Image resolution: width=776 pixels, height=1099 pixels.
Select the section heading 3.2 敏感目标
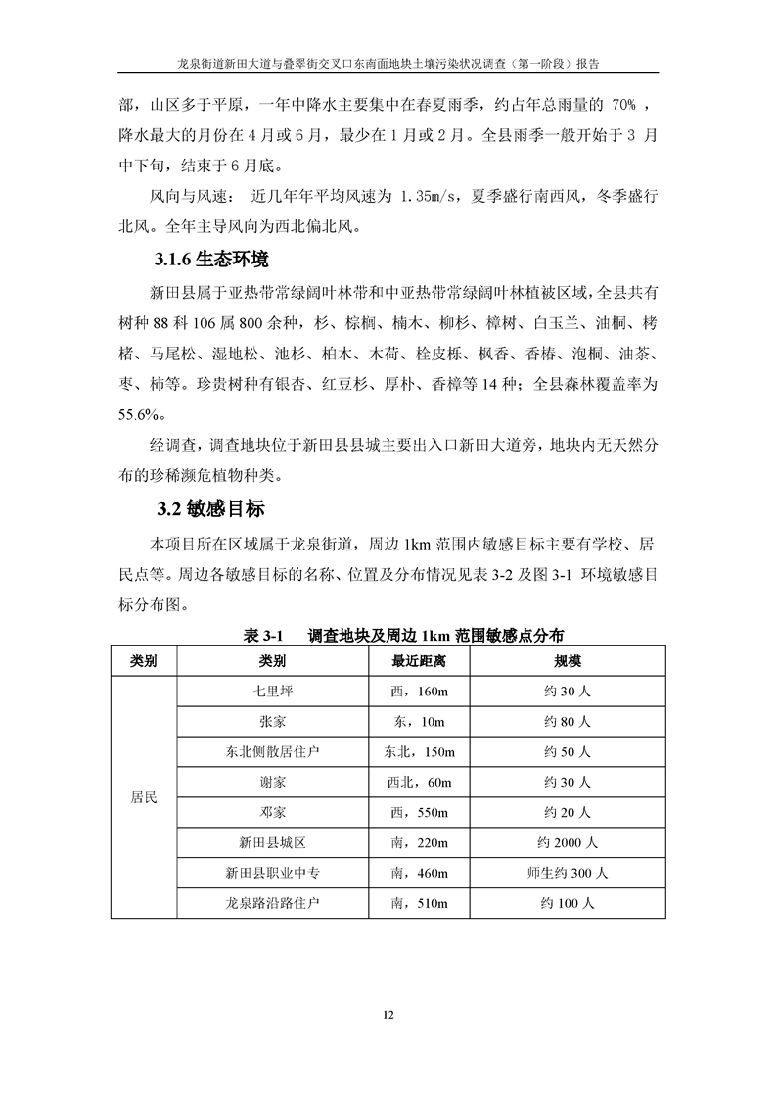click(x=209, y=510)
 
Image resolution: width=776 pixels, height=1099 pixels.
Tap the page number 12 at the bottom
click(x=388, y=1014)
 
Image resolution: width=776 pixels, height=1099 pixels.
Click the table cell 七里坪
click(x=273, y=692)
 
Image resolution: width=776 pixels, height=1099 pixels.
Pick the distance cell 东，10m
click(x=420, y=722)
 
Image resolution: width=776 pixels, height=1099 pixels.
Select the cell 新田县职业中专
click(x=273, y=872)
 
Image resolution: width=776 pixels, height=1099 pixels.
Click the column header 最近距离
click(x=420, y=662)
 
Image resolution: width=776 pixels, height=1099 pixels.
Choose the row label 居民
click(x=144, y=797)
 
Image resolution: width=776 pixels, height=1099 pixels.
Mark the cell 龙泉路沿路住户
click(x=273, y=902)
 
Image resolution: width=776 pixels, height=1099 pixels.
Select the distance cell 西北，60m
click(x=420, y=782)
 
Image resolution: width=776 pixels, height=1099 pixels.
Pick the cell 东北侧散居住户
click(x=273, y=752)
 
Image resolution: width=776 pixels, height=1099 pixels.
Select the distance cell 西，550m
click(x=420, y=812)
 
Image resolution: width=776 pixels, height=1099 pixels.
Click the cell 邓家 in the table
click(x=273, y=812)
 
